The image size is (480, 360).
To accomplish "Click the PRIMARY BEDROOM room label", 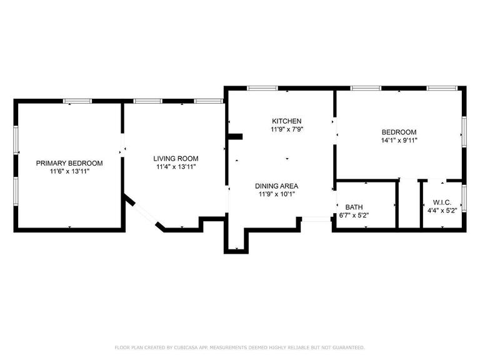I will click(x=69, y=163).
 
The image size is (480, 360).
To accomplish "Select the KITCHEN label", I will click(x=287, y=121).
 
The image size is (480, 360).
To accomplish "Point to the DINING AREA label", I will click(x=276, y=186).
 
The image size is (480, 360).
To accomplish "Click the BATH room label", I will click(x=354, y=207).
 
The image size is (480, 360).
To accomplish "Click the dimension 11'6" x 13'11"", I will click(x=69, y=171).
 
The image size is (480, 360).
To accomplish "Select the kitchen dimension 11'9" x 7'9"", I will click(x=287, y=129).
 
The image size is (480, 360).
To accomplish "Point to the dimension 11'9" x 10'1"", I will click(x=276, y=194).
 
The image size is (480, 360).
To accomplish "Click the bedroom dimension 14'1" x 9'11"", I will click(x=399, y=141).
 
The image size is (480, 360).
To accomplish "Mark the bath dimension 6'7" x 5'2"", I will click(x=354, y=215).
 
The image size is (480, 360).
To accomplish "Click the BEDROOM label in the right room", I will click(x=399, y=132).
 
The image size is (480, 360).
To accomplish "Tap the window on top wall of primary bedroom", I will click(x=78, y=101).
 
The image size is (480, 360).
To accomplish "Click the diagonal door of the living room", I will click(x=143, y=213).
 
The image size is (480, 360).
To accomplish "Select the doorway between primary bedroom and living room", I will click(x=122, y=150).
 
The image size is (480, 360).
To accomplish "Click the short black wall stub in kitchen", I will click(x=235, y=137).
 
